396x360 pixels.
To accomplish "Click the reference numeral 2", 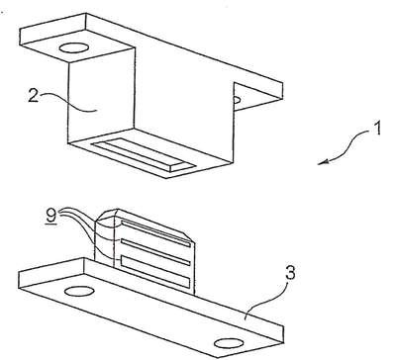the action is coord(33,96).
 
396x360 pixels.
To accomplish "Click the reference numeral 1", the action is coord(377,128).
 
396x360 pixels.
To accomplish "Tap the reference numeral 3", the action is coord(291,275).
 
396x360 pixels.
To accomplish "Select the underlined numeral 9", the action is coord(51,217).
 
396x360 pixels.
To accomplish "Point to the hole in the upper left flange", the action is coord(73,47).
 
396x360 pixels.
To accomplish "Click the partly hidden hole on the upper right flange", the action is coord(237,99).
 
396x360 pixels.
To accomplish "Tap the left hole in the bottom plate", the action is coord(79,291).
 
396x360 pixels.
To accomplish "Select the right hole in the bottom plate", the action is coord(229,343).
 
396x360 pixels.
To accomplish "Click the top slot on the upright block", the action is coord(155,233).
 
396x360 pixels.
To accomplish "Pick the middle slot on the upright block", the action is coord(155,251).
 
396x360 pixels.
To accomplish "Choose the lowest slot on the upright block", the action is coord(155,271).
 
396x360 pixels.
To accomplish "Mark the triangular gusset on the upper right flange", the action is coord(249,96).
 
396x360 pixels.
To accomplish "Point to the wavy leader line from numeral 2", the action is coord(68,103).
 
